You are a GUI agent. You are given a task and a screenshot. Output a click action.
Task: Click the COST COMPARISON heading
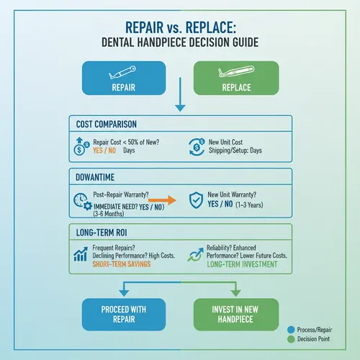point(107,125)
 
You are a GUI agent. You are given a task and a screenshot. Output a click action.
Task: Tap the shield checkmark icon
point(194,200)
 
